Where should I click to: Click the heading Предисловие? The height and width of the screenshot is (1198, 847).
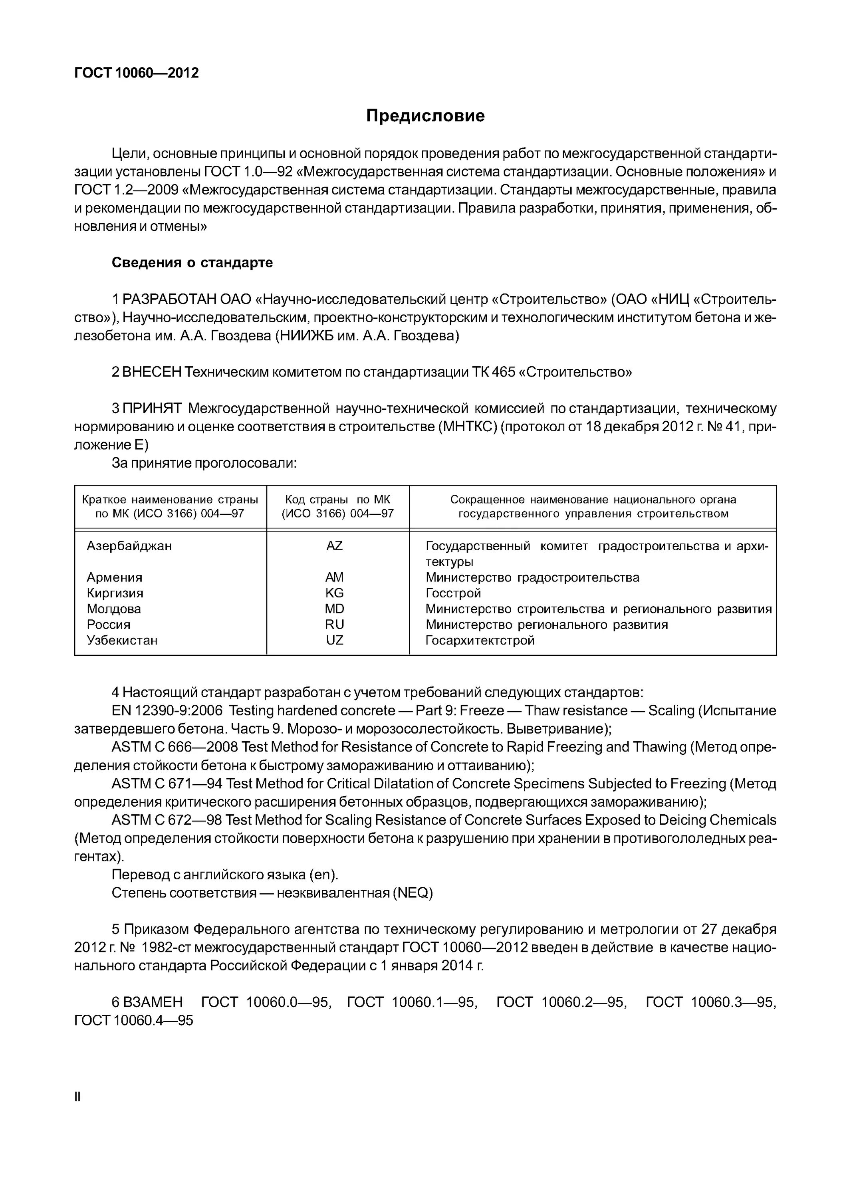coord(425,115)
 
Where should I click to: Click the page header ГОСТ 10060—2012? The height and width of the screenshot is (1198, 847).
coord(136,73)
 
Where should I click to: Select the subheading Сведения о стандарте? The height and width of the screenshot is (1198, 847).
coord(192,262)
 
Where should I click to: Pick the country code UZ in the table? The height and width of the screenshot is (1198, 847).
coord(335,640)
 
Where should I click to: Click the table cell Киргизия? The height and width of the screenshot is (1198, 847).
coord(115,593)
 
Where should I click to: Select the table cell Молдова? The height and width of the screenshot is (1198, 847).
coord(114,609)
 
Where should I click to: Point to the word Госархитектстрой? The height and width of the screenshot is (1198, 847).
coord(480,640)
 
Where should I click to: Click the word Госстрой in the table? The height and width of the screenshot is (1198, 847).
coord(453,593)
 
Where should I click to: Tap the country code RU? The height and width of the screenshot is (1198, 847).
coord(335,625)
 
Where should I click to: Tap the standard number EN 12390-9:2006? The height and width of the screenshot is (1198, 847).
coord(167,711)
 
